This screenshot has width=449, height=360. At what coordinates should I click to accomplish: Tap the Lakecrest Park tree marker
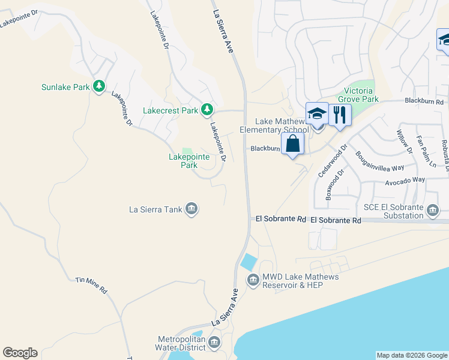coord(207,109)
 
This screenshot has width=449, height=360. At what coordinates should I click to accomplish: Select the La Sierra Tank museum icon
coord(191,209)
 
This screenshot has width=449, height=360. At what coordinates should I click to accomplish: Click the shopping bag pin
coord(292,145)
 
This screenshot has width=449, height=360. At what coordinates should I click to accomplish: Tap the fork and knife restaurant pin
coord(340,115)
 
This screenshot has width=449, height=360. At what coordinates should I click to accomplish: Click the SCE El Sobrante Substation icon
coord(433,210)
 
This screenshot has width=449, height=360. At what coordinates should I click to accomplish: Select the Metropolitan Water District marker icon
coord(214,342)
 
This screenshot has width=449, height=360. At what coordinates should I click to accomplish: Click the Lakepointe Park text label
coord(189,160)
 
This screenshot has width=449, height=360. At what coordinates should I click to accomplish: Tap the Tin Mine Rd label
coord(91,284)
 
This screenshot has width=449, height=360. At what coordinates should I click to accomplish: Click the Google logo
coord(20,353)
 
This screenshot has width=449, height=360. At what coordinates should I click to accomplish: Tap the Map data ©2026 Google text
coord(411,355)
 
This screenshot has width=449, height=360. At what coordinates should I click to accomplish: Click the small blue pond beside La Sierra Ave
coord(247,262)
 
